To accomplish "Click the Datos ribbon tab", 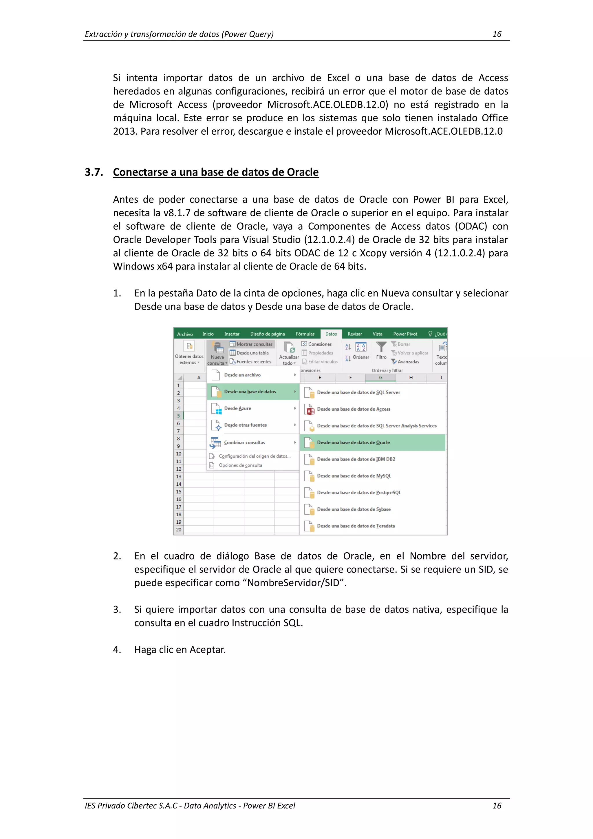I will point(331,334).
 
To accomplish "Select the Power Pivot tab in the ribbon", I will point(405,334).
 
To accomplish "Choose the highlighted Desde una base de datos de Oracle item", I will point(353,443).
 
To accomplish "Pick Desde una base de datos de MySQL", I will point(354,476).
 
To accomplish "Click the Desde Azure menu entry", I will point(237,409).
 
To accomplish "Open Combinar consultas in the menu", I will point(244,443).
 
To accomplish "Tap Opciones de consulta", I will point(240,465).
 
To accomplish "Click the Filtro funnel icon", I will point(381,346).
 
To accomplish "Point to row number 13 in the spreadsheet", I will point(179,476).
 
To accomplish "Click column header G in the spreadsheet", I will point(381,377).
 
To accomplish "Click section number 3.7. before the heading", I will point(94,172).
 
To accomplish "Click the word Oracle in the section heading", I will point(303,172).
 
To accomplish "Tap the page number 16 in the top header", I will point(497,34).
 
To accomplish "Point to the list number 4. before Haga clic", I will point(117,649).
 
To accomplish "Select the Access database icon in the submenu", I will point(310,410).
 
